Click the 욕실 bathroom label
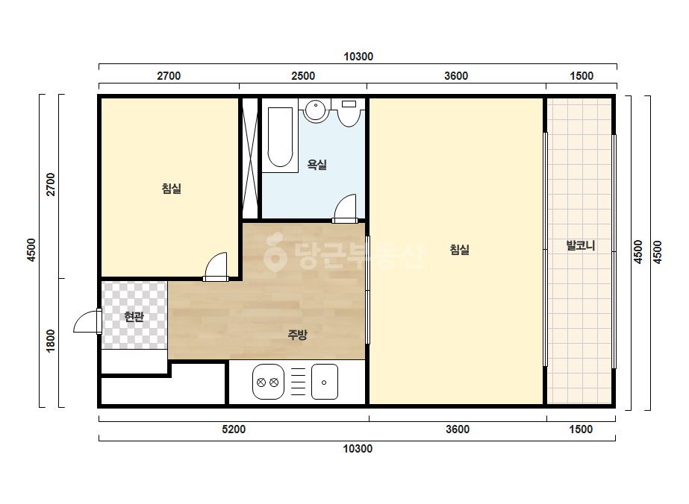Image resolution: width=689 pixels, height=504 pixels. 317,165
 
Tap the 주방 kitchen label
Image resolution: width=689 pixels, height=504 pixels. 298,335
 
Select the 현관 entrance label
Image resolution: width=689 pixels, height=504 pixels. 134,317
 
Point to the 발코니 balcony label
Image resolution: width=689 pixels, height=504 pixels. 581,245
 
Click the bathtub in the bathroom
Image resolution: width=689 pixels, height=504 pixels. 280,135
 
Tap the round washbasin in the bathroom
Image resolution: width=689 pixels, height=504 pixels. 316,110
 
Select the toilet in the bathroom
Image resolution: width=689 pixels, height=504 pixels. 349,113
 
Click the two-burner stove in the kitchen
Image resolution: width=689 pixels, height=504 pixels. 268,382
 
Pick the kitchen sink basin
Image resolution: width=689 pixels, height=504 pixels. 325,382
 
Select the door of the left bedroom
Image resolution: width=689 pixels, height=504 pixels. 216,266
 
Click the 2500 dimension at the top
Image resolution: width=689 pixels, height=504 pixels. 303,76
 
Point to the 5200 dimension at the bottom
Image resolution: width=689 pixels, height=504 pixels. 234,429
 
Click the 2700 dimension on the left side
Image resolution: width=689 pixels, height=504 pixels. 51,184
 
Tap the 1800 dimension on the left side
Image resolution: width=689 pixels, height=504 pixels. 51,340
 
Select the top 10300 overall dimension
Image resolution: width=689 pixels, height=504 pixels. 358,57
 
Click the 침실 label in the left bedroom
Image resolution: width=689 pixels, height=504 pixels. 172,189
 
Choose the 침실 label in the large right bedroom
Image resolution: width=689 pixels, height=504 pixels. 460,250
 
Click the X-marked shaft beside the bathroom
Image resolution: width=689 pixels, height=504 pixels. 250,158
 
